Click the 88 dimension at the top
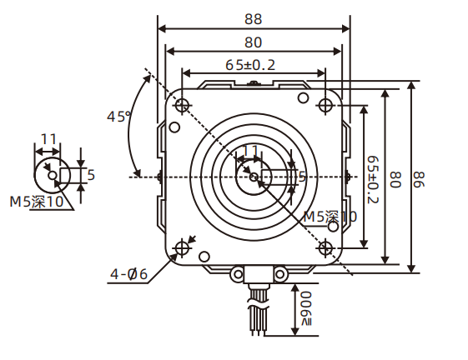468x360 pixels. click(254, 17)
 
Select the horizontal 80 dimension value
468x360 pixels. click(254, 42)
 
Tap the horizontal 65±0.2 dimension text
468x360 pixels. click(251, 64)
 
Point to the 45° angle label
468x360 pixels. click(120, 116)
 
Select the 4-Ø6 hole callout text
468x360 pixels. click(128, 273)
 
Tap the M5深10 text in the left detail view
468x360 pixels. click(37, 201)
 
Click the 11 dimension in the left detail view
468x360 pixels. click(48, 139)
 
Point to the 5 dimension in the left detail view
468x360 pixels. click(91, 174)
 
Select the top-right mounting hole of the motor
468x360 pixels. click(325, 105)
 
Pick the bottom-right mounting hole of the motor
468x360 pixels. click(325, 247)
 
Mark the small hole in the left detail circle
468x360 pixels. click(53, 175)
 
